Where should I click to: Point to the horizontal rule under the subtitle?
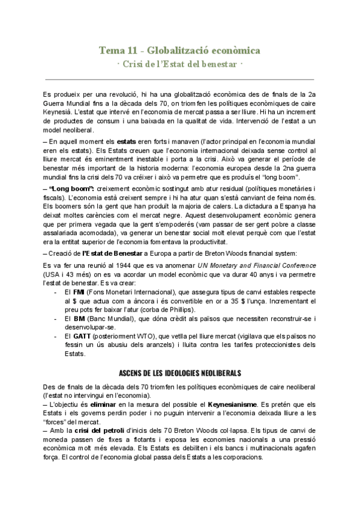(x=179, y=79)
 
